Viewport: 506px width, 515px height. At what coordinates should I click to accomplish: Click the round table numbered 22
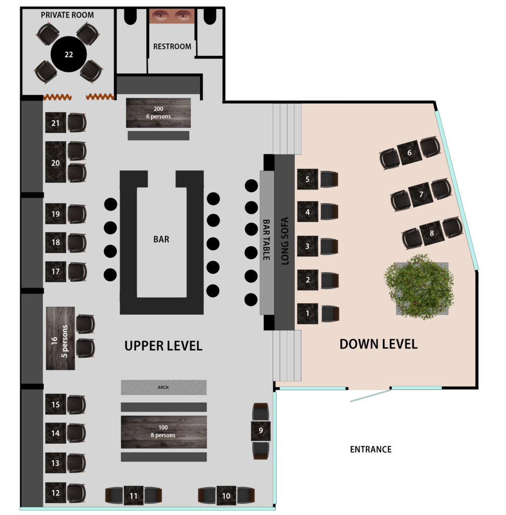point(69,54)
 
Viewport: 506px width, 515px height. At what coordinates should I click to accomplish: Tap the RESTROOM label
point(172,47)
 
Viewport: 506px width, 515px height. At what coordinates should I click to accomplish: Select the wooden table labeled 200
point(158,113)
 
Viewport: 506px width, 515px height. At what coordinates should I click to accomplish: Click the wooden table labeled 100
point(163,432)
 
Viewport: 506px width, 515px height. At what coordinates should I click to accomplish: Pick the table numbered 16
point(60,338)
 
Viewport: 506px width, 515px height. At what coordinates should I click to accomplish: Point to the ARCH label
point(163,387)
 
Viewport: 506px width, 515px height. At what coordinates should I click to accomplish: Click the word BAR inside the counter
point(161,239)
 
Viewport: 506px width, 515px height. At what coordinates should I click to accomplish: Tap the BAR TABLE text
point(267,239)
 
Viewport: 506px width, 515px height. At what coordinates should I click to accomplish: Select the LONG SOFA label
point(285,241)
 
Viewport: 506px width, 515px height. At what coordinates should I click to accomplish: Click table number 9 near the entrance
point(261,431)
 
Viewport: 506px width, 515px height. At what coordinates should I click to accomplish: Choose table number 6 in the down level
point(409,153)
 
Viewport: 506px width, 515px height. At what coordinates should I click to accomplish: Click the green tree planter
point(420,287)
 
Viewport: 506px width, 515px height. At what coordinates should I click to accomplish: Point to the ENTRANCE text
point(371,449)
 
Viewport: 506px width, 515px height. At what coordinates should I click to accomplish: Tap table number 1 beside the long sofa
point(307,314)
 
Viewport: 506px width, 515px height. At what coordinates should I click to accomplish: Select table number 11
point(133,495)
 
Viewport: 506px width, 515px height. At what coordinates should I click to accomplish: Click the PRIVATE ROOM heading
point(67,15)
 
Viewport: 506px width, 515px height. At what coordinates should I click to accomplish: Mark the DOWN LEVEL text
point(379,344)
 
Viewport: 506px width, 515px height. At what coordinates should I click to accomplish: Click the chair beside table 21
point(77,123)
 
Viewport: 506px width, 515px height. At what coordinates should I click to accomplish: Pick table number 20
point(55,162)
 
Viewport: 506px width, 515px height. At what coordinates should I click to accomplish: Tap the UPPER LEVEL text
point(163,346)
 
